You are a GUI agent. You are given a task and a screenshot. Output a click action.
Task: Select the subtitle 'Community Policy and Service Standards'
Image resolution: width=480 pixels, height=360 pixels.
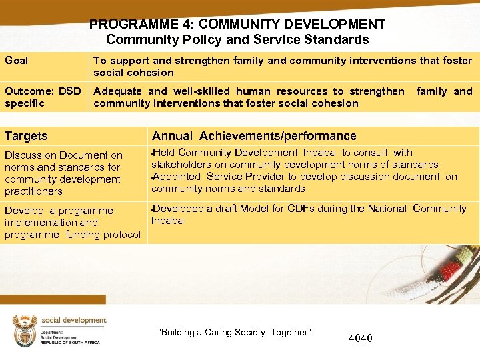click(237, 40)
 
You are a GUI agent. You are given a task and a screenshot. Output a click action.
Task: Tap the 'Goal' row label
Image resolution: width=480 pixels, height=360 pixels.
click(17, 61)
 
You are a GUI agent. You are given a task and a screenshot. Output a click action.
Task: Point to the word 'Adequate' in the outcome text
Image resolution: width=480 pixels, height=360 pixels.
click(117, 91)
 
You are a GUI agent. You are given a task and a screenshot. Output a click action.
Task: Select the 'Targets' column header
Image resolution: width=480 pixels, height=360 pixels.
click(26, 136)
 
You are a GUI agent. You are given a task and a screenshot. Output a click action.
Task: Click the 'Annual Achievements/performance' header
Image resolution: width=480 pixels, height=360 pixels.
click(254, 136)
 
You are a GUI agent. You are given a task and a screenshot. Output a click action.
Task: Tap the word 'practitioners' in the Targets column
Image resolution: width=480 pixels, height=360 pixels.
click(33, 191)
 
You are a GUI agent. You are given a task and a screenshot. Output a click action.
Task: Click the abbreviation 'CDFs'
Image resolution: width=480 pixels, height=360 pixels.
click(299, 209)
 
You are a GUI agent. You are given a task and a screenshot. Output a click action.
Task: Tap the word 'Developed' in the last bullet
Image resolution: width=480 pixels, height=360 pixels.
click(177, 209)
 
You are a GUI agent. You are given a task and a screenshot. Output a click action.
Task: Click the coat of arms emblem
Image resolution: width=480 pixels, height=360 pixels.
click(25, 330)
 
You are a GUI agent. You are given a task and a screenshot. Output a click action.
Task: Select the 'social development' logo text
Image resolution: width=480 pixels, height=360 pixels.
click(73, 321)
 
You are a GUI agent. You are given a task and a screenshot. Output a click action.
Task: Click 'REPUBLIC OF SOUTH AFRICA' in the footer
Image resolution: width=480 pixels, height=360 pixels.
click(70, 342)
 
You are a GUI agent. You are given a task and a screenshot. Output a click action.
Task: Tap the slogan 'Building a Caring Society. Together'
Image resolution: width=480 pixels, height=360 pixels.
click(234, 333)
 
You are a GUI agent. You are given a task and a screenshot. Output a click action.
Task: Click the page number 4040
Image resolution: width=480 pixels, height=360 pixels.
click(361, 338)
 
